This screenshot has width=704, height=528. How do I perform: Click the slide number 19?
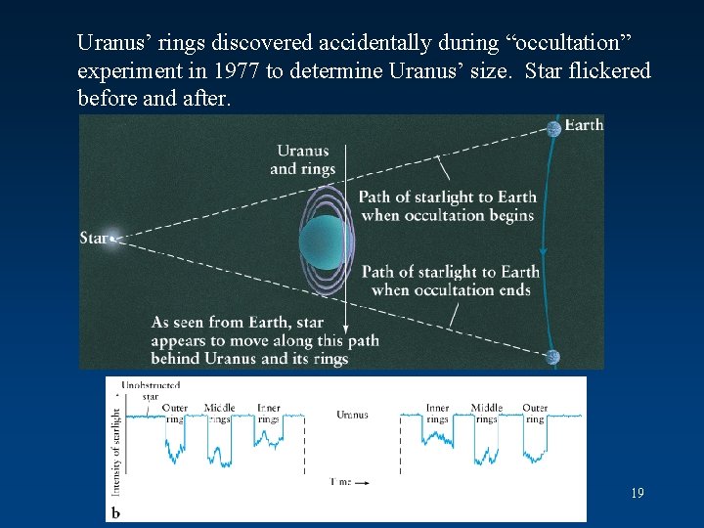pyautogui.click(x=637, y=494)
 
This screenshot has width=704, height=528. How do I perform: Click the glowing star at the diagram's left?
pyautogui.click(x=114, y=238)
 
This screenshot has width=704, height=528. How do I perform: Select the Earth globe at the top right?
pyautogui.click(x=554, y=128)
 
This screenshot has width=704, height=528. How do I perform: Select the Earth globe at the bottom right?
pyautogui.click(x=554, y=358)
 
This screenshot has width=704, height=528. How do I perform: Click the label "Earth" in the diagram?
pyautogui.click(x=585, y=125)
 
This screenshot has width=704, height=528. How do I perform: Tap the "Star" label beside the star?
pyautogui.click(x=93, y=239)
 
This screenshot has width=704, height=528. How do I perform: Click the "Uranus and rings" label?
pyautogui.click(x=302, y=159)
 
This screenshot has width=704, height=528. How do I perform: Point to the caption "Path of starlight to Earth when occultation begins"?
pyautogui.click(x=447, y=206)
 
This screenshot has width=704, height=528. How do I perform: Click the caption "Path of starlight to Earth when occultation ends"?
pyautogui.click(x=451, y=281)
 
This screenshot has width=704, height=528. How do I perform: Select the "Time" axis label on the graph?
pyautogui.click(x=340, y=482)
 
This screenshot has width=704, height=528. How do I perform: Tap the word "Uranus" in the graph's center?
pyautogui.click(x=352, y=415)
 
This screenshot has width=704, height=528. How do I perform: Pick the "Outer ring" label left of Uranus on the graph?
pyautogui.click(x=175, y=413)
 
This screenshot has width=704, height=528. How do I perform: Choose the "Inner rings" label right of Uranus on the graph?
pyautogui.click(x=437, y=413)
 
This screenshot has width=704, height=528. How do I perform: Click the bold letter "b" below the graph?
pyautogui.click(x=115, y=512)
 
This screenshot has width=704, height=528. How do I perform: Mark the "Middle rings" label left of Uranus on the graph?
pyautogui.click(x=219, y=413)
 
